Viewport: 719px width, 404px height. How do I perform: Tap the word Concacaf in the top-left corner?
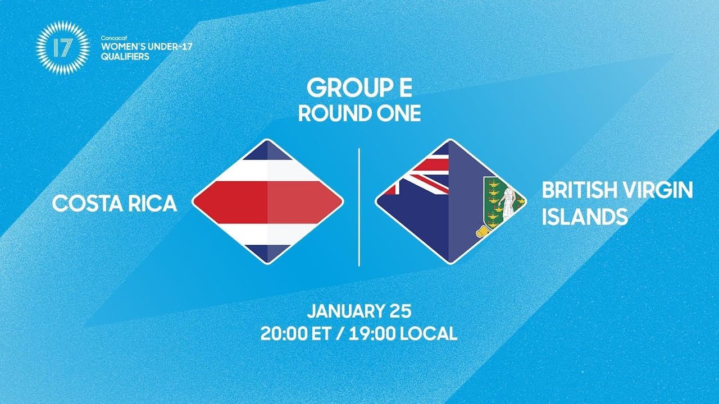click(x=112, y=38)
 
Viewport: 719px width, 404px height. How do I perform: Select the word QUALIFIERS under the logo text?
click(x=125, y=57)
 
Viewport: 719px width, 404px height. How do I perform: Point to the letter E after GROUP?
click(x=403, y=88)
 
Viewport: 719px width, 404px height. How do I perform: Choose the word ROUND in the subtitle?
click(x=331, y=113)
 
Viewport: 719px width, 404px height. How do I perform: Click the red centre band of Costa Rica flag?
click(x=267, y=201)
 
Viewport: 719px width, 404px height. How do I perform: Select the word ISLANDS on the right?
click(x=584, y=217)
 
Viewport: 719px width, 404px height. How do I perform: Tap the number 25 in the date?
click(x=400, y=311)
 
